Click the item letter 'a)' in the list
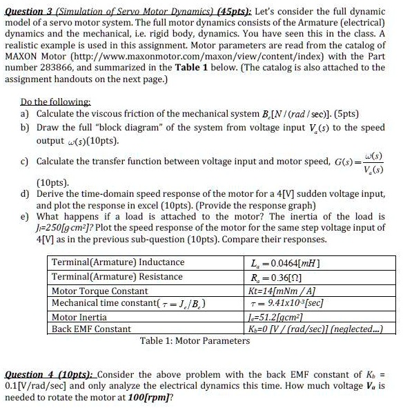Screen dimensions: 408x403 (x=26, y=113)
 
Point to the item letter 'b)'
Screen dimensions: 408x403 (x=26, y=128)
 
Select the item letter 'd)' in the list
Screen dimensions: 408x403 (x=26, y=195)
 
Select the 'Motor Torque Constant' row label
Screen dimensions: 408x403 (x=99, y=291)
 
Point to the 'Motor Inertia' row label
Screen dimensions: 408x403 (x=79, y=317)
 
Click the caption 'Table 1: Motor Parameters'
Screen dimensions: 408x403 (x=195, y=341)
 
